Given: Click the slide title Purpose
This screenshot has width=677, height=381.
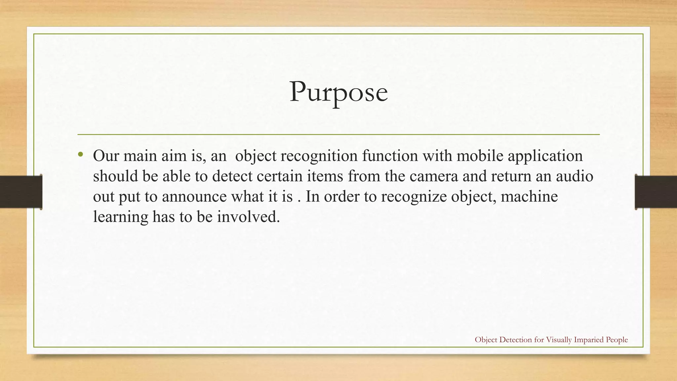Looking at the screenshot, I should (x=338, y=93).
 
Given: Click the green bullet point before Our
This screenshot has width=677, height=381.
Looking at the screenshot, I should (x=80, y=154).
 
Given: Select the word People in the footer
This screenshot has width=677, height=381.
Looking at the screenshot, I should (x=617, y=340).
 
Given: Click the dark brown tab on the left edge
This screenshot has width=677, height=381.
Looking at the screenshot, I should (x=21, y=192).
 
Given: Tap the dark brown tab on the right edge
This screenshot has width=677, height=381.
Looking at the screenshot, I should (x=656, y=192).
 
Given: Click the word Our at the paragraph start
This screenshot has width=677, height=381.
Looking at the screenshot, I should (x=106, y=156).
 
